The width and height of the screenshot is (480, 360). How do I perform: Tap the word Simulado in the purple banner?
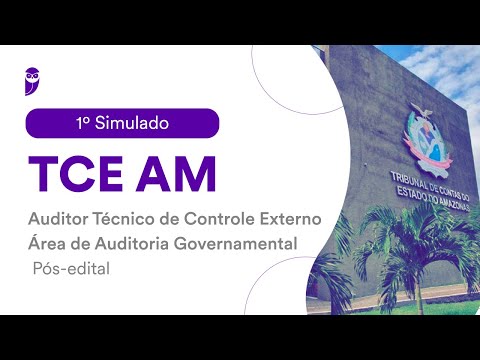pyautogui.click(x=133, y=123)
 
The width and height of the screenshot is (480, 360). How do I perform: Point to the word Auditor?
pyautogui.click(x=60, y=218)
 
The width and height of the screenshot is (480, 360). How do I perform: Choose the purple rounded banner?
pyautogui.click(x=122, y=123)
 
